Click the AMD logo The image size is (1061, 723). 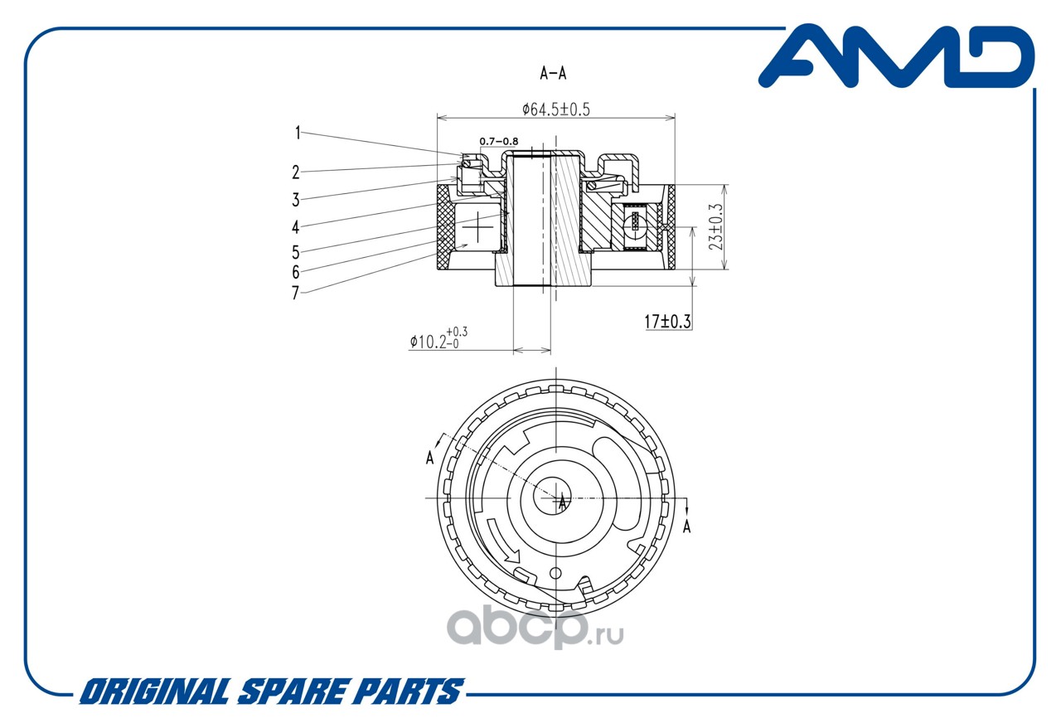896,57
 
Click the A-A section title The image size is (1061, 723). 553,73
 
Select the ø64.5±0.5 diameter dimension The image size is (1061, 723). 556,109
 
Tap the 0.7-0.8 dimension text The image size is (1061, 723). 499,141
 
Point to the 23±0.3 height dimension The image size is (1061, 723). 715,227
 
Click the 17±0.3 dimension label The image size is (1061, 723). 667,322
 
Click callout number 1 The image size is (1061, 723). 298,133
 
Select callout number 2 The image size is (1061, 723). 296,172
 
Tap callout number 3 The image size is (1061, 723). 296,200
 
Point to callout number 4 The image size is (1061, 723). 296,227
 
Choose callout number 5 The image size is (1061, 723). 296,253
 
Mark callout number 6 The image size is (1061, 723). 296,273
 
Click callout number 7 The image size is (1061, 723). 296,293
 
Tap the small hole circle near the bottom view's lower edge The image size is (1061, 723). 555,573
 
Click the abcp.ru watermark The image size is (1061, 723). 535,628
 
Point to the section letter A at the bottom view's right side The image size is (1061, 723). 687,526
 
